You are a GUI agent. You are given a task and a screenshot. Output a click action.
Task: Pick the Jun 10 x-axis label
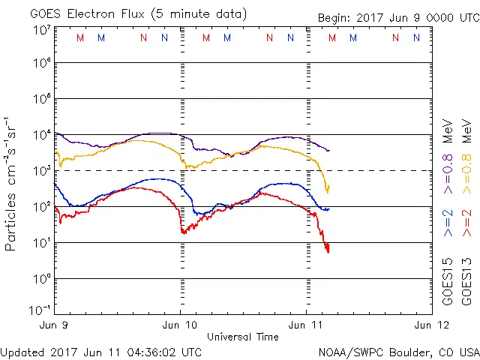point(180,325)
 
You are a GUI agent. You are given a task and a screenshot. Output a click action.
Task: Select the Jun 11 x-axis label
point(306,325)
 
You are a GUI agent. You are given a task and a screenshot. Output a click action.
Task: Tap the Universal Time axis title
point(243,337)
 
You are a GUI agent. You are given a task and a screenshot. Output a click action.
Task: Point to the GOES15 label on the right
point(448,282)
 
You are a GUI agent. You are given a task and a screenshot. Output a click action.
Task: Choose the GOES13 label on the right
point(466,282)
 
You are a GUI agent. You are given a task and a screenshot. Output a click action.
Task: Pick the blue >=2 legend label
point(448,223)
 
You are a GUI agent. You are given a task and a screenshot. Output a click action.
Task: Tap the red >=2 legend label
point(466,223)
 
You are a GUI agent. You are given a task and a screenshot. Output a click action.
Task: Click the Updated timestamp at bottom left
point(101,352)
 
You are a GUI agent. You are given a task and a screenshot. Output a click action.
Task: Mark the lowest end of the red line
point(328,252)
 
